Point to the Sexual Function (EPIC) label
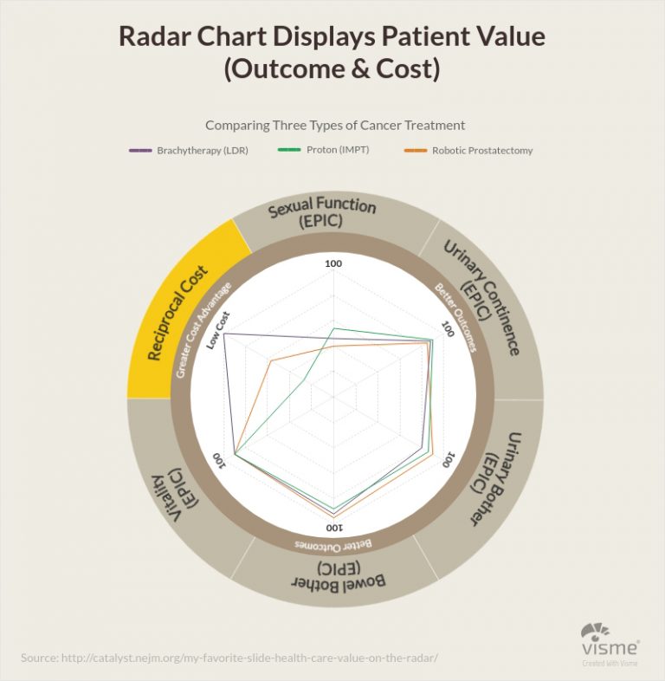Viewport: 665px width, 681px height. pos(321,212)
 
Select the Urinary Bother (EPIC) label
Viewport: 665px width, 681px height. pos(489,477)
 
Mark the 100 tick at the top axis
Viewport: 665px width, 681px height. pos(332,263)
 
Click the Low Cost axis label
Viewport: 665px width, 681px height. pos(216,328)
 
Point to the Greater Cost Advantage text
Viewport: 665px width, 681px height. pos(203,329)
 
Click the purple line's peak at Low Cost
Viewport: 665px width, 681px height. pos(225,334)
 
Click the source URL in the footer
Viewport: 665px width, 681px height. pos(229,658)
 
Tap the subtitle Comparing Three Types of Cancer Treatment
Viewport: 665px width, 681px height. pos(335,125)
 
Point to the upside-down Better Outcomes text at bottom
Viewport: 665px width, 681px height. pos(333,543)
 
